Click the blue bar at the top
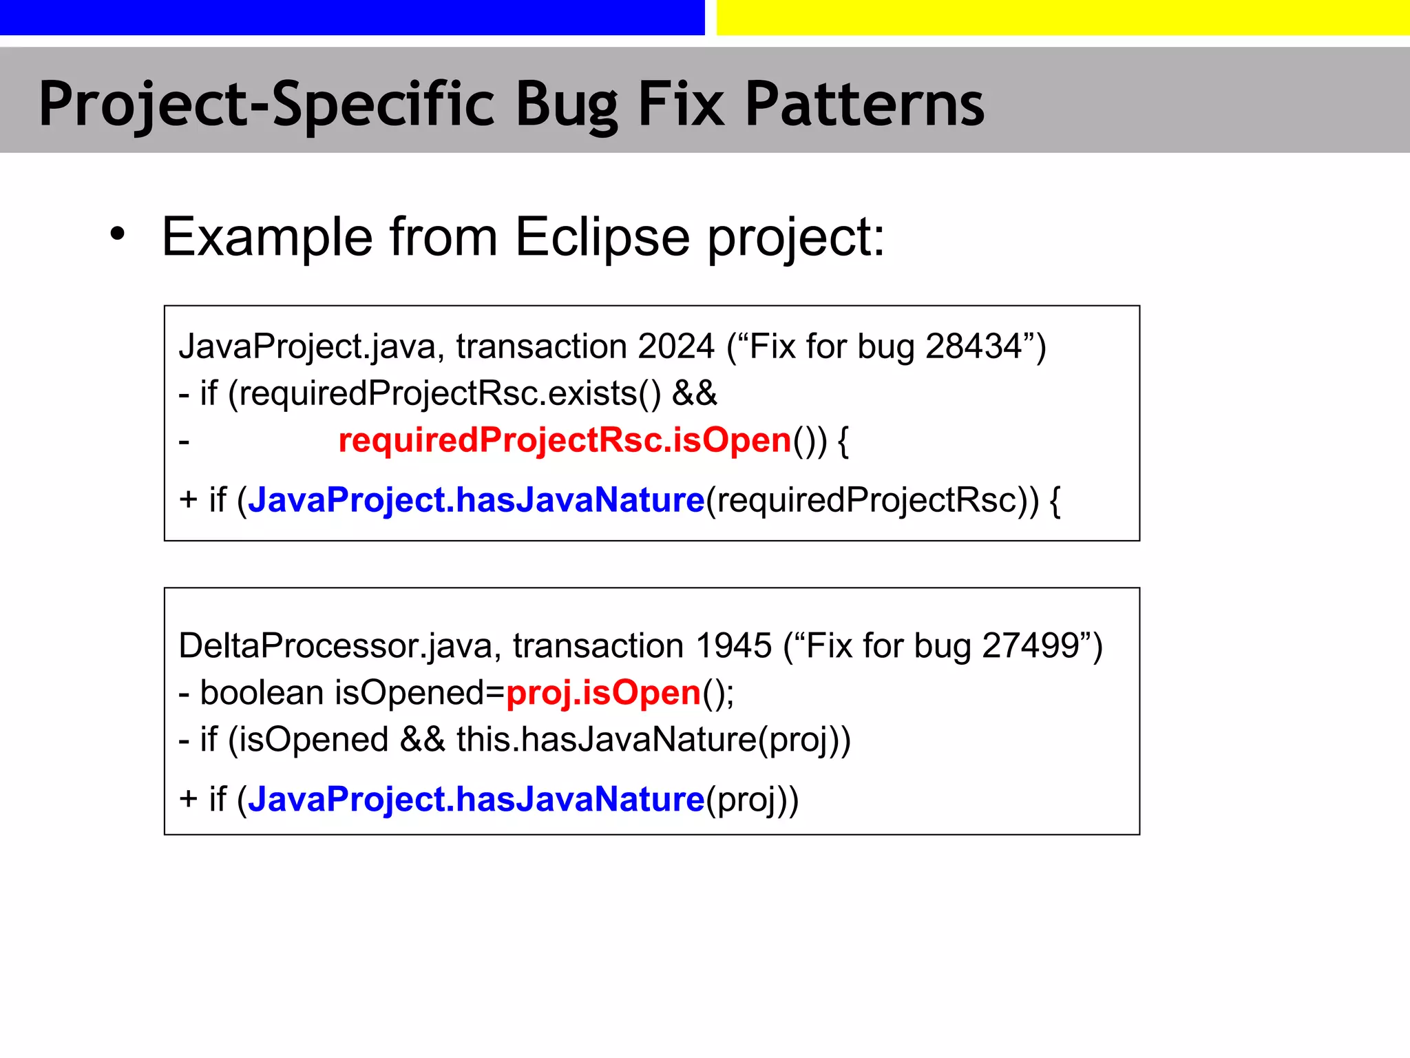pos(351,17)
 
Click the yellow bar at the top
pos(1062,17)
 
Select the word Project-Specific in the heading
pos(266,105)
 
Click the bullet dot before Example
pos(118,233)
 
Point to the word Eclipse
pos(602,238)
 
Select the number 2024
pos(676,346)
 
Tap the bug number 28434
pos(974,346)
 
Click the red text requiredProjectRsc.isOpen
pos(565,440)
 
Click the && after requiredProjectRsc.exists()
pos(694,393)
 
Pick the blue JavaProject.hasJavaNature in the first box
pos(476,499)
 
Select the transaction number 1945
pos(733,646)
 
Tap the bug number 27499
pos(1031,646)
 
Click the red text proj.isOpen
pos(603,693)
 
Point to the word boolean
pos(262,693)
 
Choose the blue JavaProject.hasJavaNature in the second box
pos(476,800)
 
